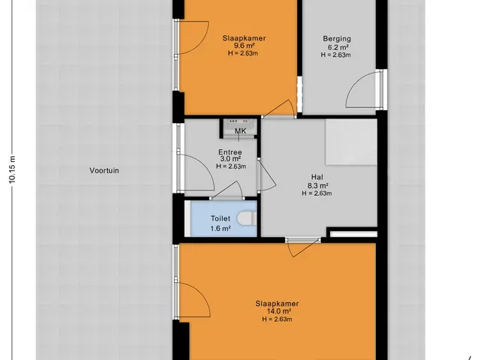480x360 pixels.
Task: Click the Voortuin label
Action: pyautogui.click(x=104, y=170)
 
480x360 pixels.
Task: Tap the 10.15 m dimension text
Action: pyautogui.click(x=12, y=169)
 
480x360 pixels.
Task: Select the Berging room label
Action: pyautogui.click(x=337, y=39)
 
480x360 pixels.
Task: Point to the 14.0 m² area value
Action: pyautogui.click(x=277, y=311)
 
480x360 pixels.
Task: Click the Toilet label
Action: pyautogui.click(x=220, y=218)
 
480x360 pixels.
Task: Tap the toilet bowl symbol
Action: pyautogui.click(x=247, y=218)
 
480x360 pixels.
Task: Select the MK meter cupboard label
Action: pyautogui.click(x=241, y=131)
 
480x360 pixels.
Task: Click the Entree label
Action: pyautogui.click(x=230, y=152)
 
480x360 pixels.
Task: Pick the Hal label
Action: pyautogui.click(x=317, y=177)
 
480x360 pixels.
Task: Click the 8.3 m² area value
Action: pyautogui.click(x=318, y=185)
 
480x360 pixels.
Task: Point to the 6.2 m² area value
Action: pyautogui.click(x=337, y=47)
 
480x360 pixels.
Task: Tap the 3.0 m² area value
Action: pyautogui.click(x=230, y=159)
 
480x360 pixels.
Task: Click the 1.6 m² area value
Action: pyautogui.click(x=220, y=228)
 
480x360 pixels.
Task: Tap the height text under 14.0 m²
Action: pyautogui.click(x=277, y=319)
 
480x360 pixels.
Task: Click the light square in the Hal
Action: pyautogui.click(x=351, y=142)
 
